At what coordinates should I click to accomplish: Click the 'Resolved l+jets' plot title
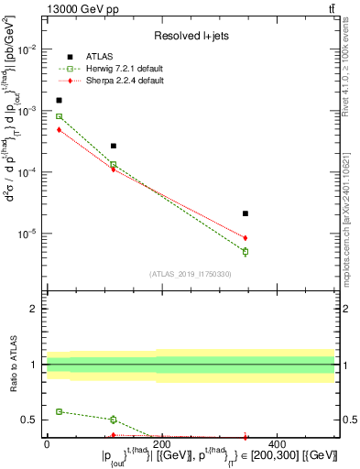click(190, 36)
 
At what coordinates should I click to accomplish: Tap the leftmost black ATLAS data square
click(60, 101)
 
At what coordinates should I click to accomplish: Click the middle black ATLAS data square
click(114, 146)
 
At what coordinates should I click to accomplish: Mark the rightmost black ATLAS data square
click(245, 213)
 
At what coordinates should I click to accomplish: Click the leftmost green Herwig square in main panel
click(60, 116)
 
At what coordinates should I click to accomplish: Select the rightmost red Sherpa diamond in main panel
click(245, 238)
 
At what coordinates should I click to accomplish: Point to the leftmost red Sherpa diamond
click(60, 130)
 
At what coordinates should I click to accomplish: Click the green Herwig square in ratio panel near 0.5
click(114, 420)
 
